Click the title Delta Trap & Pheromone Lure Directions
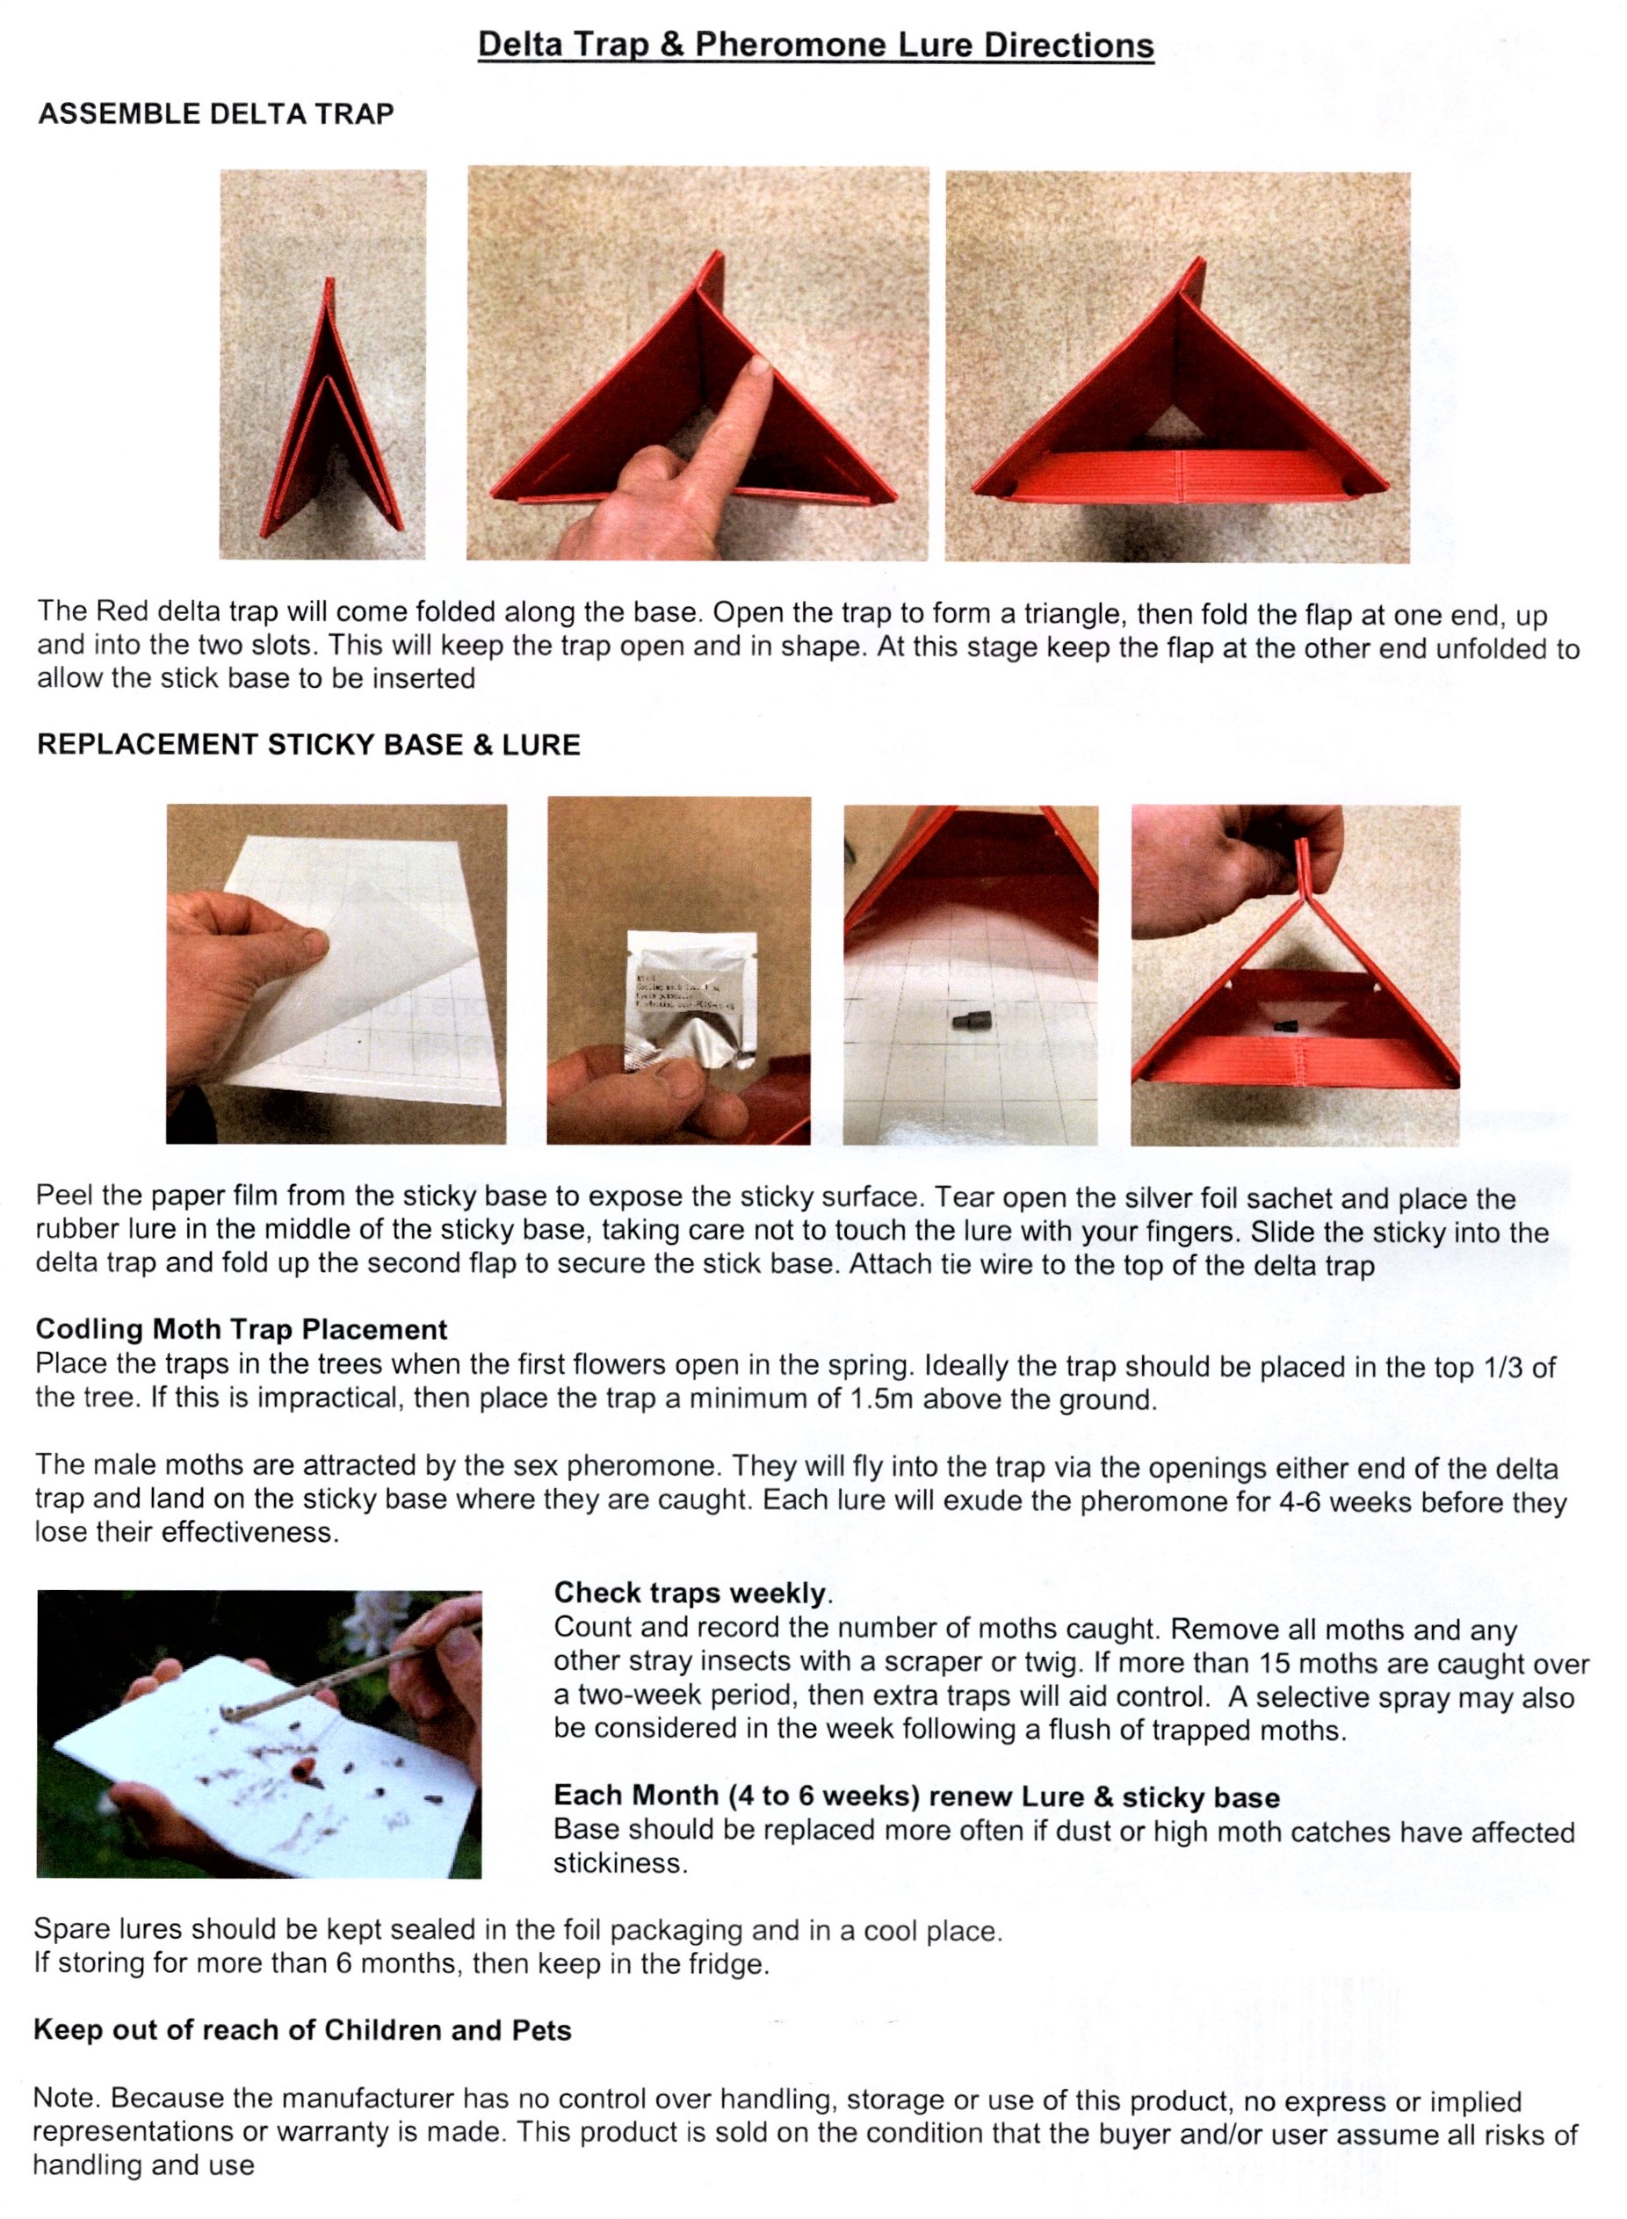pos(815,46)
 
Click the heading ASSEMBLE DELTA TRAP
pos(216,114)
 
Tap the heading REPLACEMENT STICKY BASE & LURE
pos(308,745)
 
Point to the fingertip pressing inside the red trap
pos(757,368)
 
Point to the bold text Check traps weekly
pos(693,1593)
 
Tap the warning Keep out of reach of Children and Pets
pos(302,2030)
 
